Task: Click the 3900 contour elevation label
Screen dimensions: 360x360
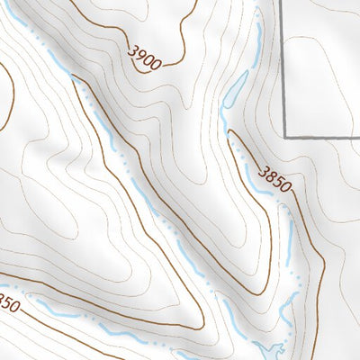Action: pos(144,60)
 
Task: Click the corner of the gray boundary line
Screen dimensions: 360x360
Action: pos(286,137)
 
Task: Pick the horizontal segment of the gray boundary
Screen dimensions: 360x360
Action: pos(324,137)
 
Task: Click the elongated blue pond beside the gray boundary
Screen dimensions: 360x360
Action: pos(235,91)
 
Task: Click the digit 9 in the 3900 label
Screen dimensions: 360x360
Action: pos(139,58)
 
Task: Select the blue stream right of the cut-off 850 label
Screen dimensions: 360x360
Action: pos(54,312)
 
